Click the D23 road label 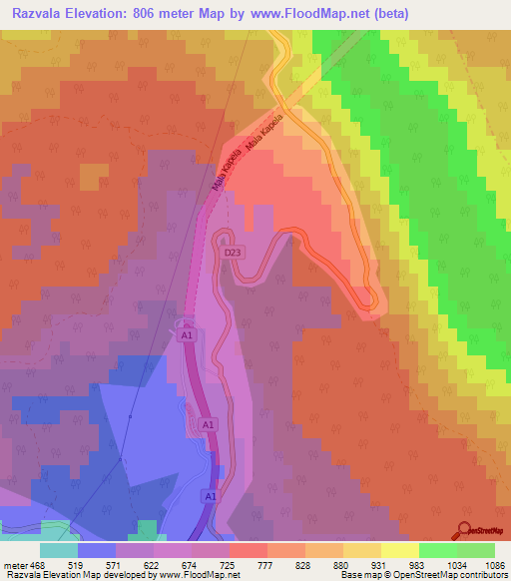coord(232,254)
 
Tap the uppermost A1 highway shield coord(186,336)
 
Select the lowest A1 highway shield coord(210,496)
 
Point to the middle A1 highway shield coord(208,425)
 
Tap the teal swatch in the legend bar coord(59,550)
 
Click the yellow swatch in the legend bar coord(400,550)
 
